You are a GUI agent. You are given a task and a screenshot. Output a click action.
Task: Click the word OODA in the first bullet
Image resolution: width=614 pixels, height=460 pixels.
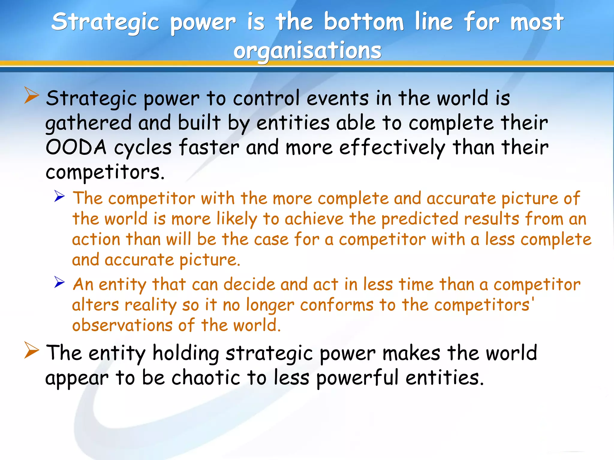pyautogui.click(x=76, y=147)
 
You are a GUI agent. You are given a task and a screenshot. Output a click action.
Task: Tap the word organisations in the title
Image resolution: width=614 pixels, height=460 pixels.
pyautogui.click(x=307, y=51)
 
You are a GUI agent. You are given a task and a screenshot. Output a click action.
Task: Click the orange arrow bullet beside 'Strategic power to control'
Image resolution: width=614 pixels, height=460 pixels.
pyautogui.click(x=32, y=95)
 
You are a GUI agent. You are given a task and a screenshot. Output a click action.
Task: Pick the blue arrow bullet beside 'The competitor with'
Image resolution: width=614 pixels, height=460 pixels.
pyautogui.click(x=60, y=196)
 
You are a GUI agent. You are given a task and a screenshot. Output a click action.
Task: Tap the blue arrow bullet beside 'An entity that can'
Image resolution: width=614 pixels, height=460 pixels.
pyautogui.click(x=60, y=282)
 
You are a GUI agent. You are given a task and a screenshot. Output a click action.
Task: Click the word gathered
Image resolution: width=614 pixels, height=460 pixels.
pyautogui.click(x=88, y=123)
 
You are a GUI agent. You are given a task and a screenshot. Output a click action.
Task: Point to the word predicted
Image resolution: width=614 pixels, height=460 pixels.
pyautogui.click(x=420, y=219)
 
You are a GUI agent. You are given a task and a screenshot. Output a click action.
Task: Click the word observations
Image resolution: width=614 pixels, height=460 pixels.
pyautogui.click(x=122, y=326)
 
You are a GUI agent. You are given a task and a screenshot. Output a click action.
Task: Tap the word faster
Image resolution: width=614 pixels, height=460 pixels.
pyautogui.click(x=209, y=147)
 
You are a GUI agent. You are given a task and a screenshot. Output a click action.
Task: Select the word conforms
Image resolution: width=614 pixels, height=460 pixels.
pyautogui.click(x=337, y=305)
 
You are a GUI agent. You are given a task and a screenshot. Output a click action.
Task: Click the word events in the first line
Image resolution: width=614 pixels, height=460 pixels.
pyautogui.click(x=338, y=98)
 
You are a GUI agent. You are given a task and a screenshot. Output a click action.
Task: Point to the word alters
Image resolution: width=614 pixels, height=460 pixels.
pyautogui.click(x=96, y=305)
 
